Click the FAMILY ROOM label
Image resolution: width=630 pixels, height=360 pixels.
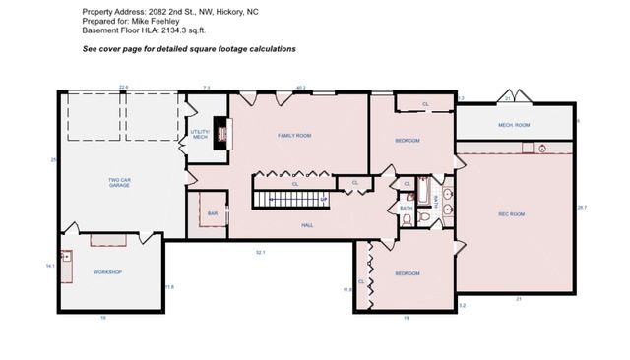294,135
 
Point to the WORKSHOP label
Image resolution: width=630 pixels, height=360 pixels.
108,271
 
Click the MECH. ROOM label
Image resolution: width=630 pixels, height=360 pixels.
514,125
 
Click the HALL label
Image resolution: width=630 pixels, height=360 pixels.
308,223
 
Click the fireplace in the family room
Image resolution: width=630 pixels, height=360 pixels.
222,132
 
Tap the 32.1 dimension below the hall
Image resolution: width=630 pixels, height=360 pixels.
261,253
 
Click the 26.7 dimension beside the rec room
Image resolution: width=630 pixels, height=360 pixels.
582,207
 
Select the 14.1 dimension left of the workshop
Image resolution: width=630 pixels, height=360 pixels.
50,266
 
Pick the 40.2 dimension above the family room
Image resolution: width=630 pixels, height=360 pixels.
300,88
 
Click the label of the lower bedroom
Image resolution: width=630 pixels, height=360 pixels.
408,272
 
